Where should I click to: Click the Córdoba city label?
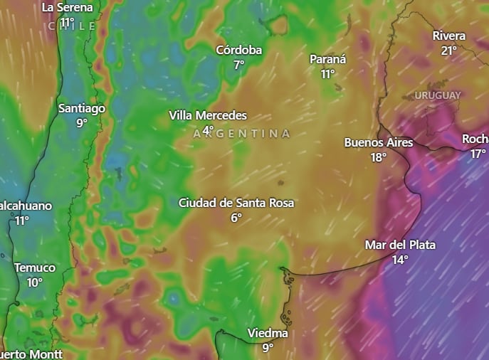tap(239, 50)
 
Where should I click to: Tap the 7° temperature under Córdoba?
tap(239, 65)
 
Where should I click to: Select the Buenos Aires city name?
tap(378, 142)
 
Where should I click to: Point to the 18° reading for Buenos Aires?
tap(378, 157)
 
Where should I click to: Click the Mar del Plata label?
tap(400, 245)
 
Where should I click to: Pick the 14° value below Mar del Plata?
tap(400, 260)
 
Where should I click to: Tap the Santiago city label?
tap(82, 108)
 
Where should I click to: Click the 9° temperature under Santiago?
tap(82, 123)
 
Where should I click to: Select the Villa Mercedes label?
tap(208, 115)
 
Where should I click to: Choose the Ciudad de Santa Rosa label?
tap(236, 203)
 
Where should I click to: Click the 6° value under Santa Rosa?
tap(236, 218)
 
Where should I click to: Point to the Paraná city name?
tap(327, 59)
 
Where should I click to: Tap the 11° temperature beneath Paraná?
tap(327, 74)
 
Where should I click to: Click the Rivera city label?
tap(449, 36)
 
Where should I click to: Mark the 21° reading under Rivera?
tap(449, 51)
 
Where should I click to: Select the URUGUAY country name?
tap(437, 95)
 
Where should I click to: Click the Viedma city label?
tap(268, 333)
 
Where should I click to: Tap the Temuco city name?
tap(35, 268)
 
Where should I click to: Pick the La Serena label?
tap(68, 7)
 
